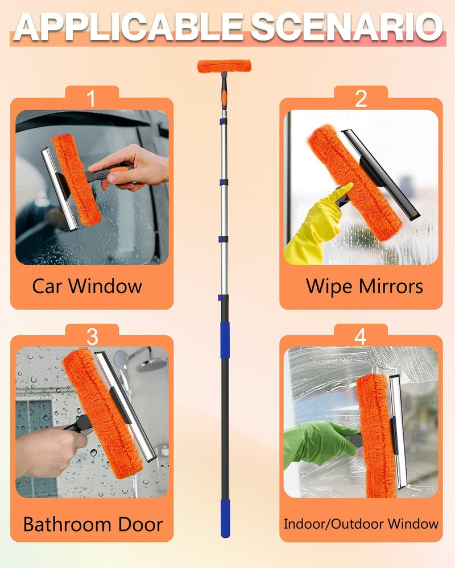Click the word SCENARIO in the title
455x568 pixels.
(x=347, y=26)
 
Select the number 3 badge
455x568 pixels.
(x=92, y=337)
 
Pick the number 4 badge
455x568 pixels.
(x=361, y=337)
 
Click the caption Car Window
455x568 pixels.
(x=87, y=286)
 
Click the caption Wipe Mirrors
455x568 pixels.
(x=365, y=286)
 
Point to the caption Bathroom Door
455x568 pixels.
(x=93, y=524)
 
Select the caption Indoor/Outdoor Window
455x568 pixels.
(x=361, y=523)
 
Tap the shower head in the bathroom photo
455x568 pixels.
(x=151, y=364)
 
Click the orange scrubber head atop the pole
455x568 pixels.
(x=224, y=66)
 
